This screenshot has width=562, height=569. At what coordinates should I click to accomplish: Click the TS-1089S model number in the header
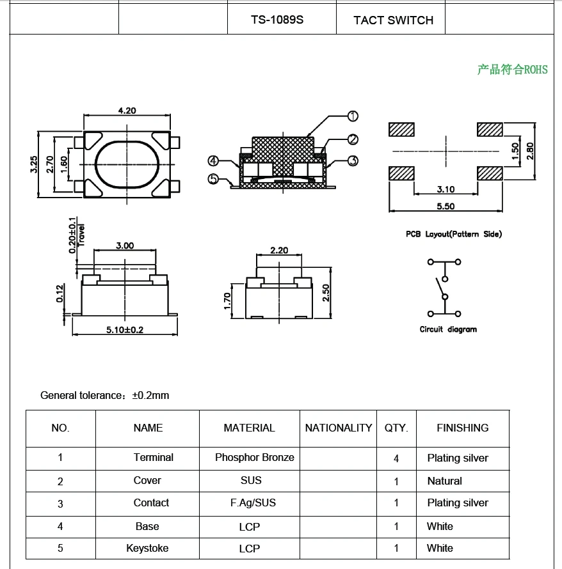click(x=277, y=20)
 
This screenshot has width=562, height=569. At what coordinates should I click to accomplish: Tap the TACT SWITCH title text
click(x=393, y=20)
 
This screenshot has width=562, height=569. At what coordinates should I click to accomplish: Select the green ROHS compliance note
click(x=512, y=70)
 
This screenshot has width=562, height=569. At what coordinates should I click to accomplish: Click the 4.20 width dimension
click(x=127, y=111)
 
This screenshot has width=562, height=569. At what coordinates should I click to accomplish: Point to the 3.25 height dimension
click(x=34, y=164)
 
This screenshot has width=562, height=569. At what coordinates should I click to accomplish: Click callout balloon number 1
click(x=353, y=116)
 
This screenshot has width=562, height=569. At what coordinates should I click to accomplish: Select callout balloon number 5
click(x=214, y=179)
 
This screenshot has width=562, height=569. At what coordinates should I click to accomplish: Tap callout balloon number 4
click(x=213, y=161)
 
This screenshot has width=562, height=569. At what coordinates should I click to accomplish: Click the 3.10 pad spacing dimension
click(x=446, y=189)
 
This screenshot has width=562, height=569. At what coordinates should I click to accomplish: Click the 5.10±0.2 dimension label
click(x=125, y=330)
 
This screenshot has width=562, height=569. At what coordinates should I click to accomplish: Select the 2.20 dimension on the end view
click(x=278, y=250)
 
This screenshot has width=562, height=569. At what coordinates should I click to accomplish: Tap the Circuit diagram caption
click(x=448, y=329)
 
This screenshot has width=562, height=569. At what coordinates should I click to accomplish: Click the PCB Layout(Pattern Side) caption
click(x=454, y=234)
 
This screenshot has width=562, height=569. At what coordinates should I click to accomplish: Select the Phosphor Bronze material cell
click(x=254, y=457)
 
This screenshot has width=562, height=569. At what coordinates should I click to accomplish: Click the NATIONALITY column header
click(x=339, y=428)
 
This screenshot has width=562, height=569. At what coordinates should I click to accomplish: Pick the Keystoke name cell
click(x=147, y=548)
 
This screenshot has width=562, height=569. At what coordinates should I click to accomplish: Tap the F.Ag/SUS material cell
click(x=253, y=503)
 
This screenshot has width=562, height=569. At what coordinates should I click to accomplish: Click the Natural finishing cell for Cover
click(x=444, y=481)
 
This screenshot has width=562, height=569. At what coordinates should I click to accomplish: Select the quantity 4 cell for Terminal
click(x=396, y=458)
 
